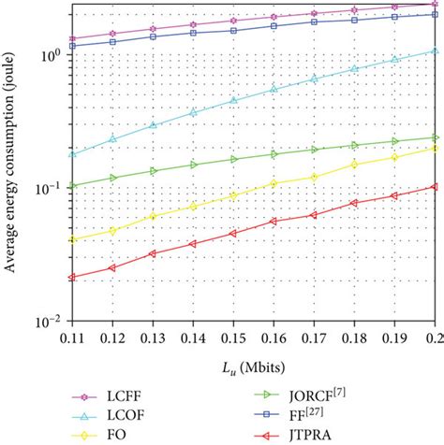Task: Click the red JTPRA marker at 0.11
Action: (x=72, y=277)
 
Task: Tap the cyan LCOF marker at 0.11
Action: (x=72, y=154)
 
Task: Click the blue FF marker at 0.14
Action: (x=193, y=33)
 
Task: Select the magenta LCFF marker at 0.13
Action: (x=153, y=29)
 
